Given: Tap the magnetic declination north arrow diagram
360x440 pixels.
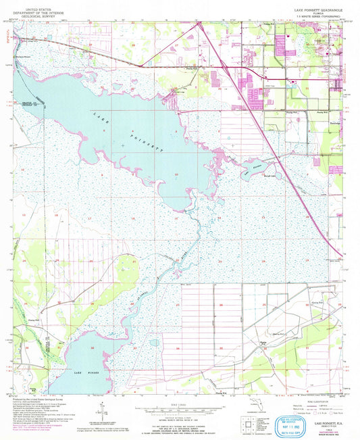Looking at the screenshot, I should (99, 408).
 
